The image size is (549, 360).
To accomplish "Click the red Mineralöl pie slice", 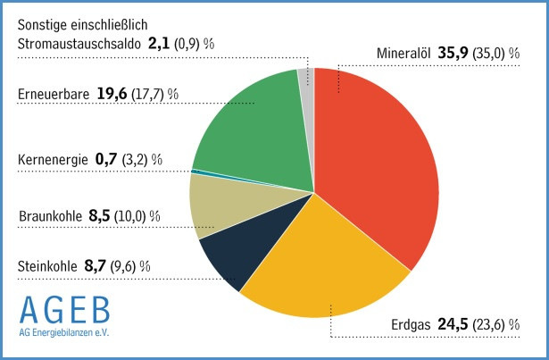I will coord(384,161).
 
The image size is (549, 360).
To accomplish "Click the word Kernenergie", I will coord(53,160).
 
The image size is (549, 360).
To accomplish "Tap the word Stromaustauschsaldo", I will coord(79,41).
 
